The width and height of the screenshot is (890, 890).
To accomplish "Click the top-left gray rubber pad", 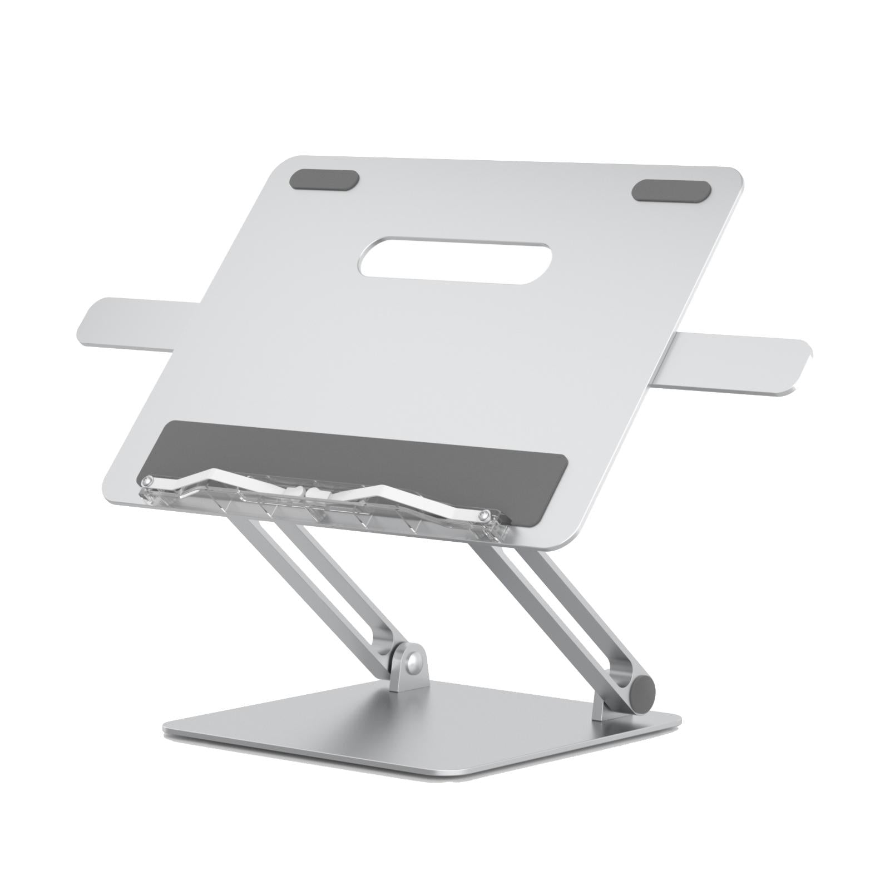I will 324,180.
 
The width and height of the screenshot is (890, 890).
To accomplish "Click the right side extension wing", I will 740,363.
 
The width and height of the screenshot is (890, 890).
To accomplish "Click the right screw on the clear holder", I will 486,514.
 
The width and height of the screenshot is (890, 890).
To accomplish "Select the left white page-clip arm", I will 222,478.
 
